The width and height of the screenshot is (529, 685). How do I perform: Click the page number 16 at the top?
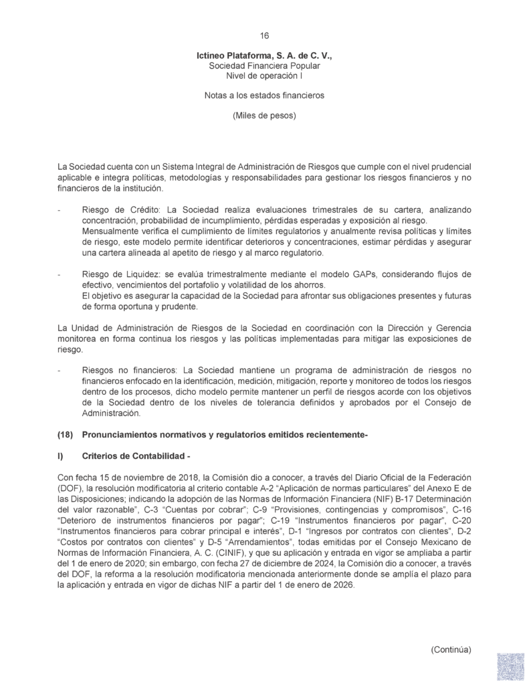click(x=264, y=35)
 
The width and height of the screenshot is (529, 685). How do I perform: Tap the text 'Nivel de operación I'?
click(x=264, y=77)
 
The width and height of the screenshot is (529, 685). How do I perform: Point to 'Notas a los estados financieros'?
click(x=264, y=96)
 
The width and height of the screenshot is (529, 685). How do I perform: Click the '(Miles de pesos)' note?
click(x=264, y=115)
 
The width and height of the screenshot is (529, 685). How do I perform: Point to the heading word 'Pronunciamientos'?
click(x=122, y=435)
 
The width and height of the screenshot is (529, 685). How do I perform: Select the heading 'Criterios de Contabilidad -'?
click(x=136, y=456)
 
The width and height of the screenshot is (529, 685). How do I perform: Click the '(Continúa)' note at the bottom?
click(x=451, y=650)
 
